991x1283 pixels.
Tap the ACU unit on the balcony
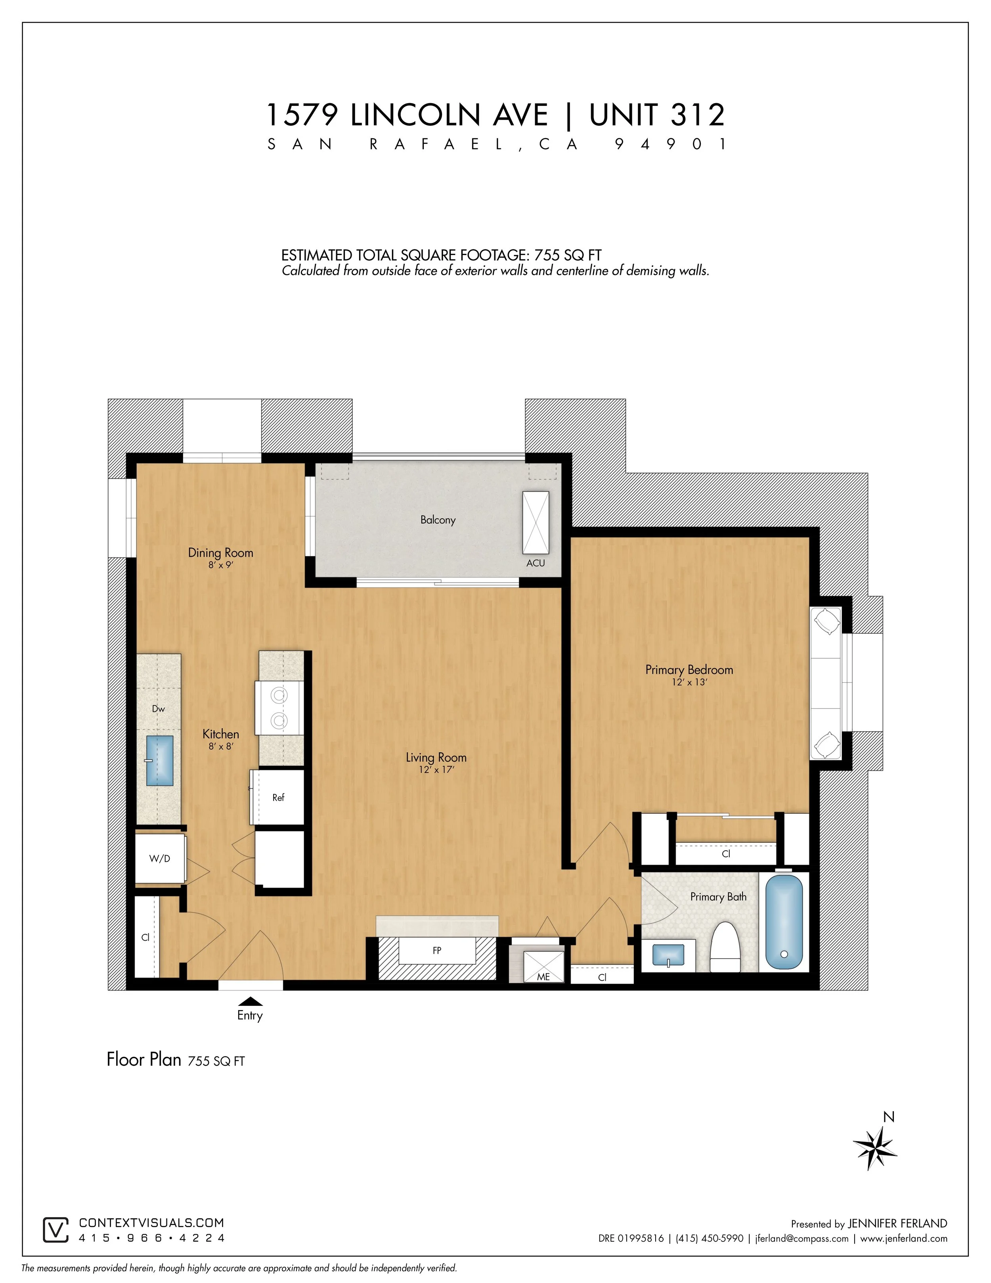(536, 522)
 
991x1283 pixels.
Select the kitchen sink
(159, 761)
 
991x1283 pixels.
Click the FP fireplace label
(437, 951)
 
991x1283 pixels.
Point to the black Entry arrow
(251, 1001)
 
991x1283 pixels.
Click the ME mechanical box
(543, 967)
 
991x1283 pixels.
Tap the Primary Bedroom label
(689, 670)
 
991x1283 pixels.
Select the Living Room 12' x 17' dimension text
(436, 769)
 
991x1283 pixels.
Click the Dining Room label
(221, 553)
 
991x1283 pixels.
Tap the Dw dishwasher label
(159, 708)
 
